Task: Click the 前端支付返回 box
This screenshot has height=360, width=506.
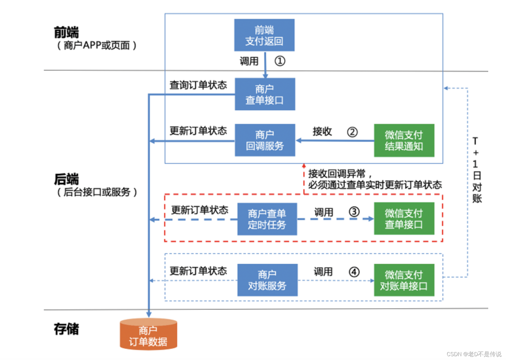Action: point(264,35)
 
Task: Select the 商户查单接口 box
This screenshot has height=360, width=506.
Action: point(265,94)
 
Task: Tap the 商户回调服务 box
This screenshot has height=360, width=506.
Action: point(265,140)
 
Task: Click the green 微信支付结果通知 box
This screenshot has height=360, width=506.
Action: point(404,140)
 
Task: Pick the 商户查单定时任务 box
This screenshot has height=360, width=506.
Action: point(267,219)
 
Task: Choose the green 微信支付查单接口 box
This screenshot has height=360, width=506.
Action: point(404,218)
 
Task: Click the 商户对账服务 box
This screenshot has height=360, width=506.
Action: point(267,280)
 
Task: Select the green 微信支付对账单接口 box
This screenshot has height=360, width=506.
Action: point(404,280)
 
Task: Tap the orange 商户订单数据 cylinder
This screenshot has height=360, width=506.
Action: point(149,335)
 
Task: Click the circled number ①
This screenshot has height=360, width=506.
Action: point(280,61)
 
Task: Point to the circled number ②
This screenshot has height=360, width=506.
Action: point(352,132)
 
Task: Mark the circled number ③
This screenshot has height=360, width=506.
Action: point(354,212)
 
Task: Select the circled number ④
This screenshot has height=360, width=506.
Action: point(354,271)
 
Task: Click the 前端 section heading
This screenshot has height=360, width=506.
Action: point(67,32)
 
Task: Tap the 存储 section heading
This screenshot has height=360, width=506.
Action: point(67,329)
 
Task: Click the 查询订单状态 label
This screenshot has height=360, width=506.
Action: point(198,85)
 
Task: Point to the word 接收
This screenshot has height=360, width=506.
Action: point(322,132)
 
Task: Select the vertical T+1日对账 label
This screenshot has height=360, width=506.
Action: point(476,169)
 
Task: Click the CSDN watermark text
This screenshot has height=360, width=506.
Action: point(474,354)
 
